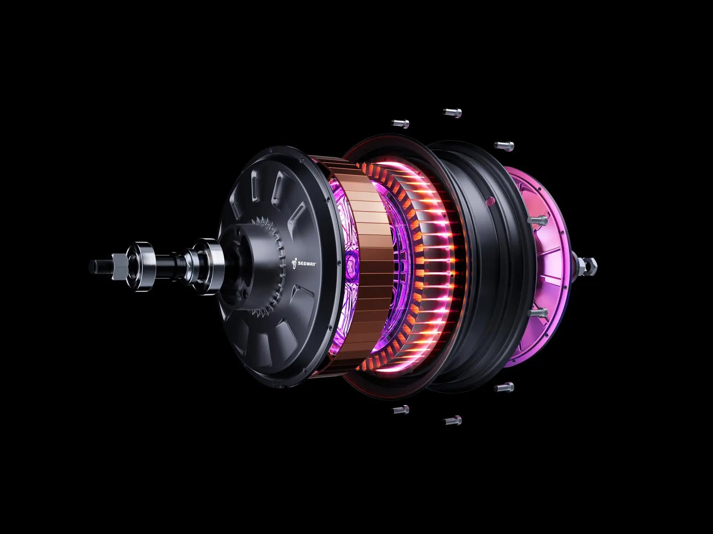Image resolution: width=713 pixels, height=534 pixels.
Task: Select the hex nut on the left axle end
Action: point(120,267)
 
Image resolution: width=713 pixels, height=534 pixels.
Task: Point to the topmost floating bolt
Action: point(452,113)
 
